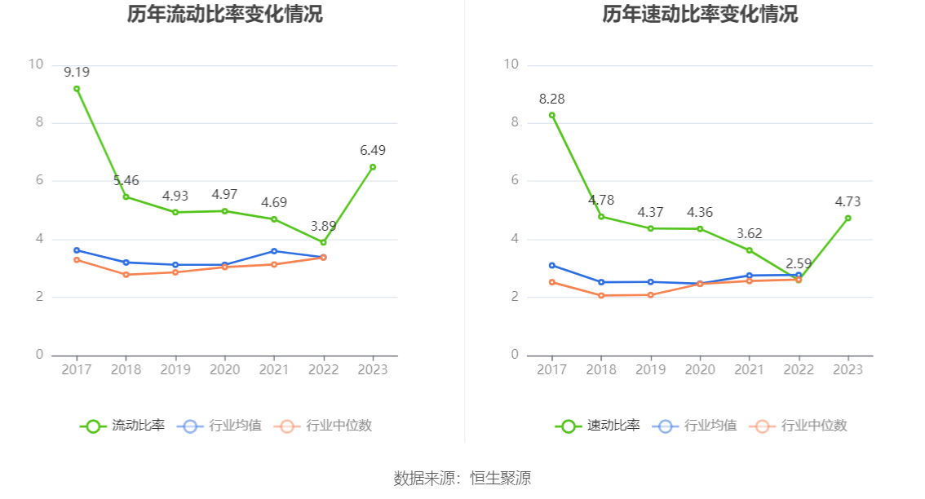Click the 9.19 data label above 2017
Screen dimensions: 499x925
(x=77, y=72)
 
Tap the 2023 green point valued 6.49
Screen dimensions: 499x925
(x=373, y=167)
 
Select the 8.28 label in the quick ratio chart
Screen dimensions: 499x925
(x=551, y=99)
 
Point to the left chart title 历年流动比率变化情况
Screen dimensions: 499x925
(x=224, y=14)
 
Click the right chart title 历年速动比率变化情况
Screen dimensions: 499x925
(x=700, y=14)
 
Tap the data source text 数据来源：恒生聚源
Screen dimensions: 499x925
(x=462, y=479)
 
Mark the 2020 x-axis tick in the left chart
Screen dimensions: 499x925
(x=225, y=369)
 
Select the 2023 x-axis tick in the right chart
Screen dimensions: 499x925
(x=848, y=369)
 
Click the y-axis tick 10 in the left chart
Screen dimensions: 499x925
(x=35, y=64)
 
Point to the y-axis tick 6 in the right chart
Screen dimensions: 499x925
(x=515, y=181)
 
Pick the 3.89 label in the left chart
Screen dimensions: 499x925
(x=324, y=226)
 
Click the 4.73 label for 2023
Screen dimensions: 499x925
(x=848, y=201)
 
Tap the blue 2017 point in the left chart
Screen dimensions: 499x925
(x=77, y=250)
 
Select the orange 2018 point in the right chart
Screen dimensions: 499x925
(x=601, y=295)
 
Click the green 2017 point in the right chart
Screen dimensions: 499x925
(x=551, y=115)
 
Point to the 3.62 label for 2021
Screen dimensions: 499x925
(x=750, y=233)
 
